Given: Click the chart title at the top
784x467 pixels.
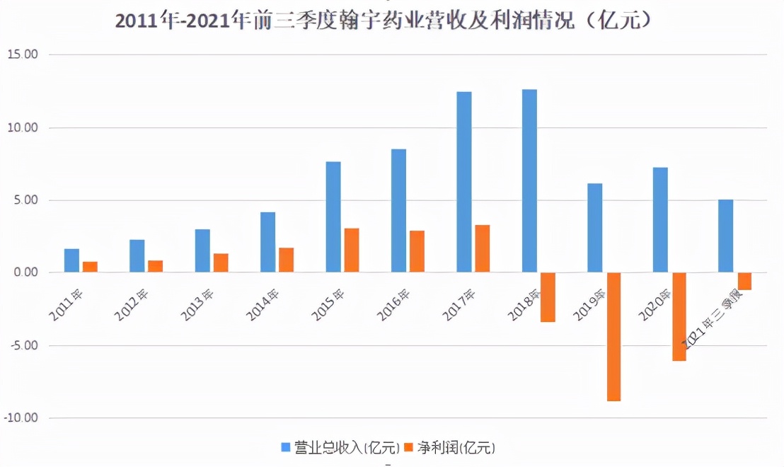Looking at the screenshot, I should [382, 21].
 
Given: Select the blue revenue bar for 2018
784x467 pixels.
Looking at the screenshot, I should [529, 181].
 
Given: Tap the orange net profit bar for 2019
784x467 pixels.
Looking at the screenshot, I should [613, 337].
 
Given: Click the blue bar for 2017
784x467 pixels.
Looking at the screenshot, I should [464, 183].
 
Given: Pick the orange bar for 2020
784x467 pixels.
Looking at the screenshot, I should [679, 317].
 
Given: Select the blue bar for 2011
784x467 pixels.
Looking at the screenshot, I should [71, 260].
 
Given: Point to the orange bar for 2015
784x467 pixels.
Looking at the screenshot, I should [352, 250].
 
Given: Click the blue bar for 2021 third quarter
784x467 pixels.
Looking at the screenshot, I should [725, 236].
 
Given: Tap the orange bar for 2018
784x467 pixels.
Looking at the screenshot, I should [548, 297].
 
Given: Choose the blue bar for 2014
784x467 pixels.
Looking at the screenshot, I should [267, 242].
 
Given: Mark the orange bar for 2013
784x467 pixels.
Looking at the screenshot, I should [221, 263].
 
